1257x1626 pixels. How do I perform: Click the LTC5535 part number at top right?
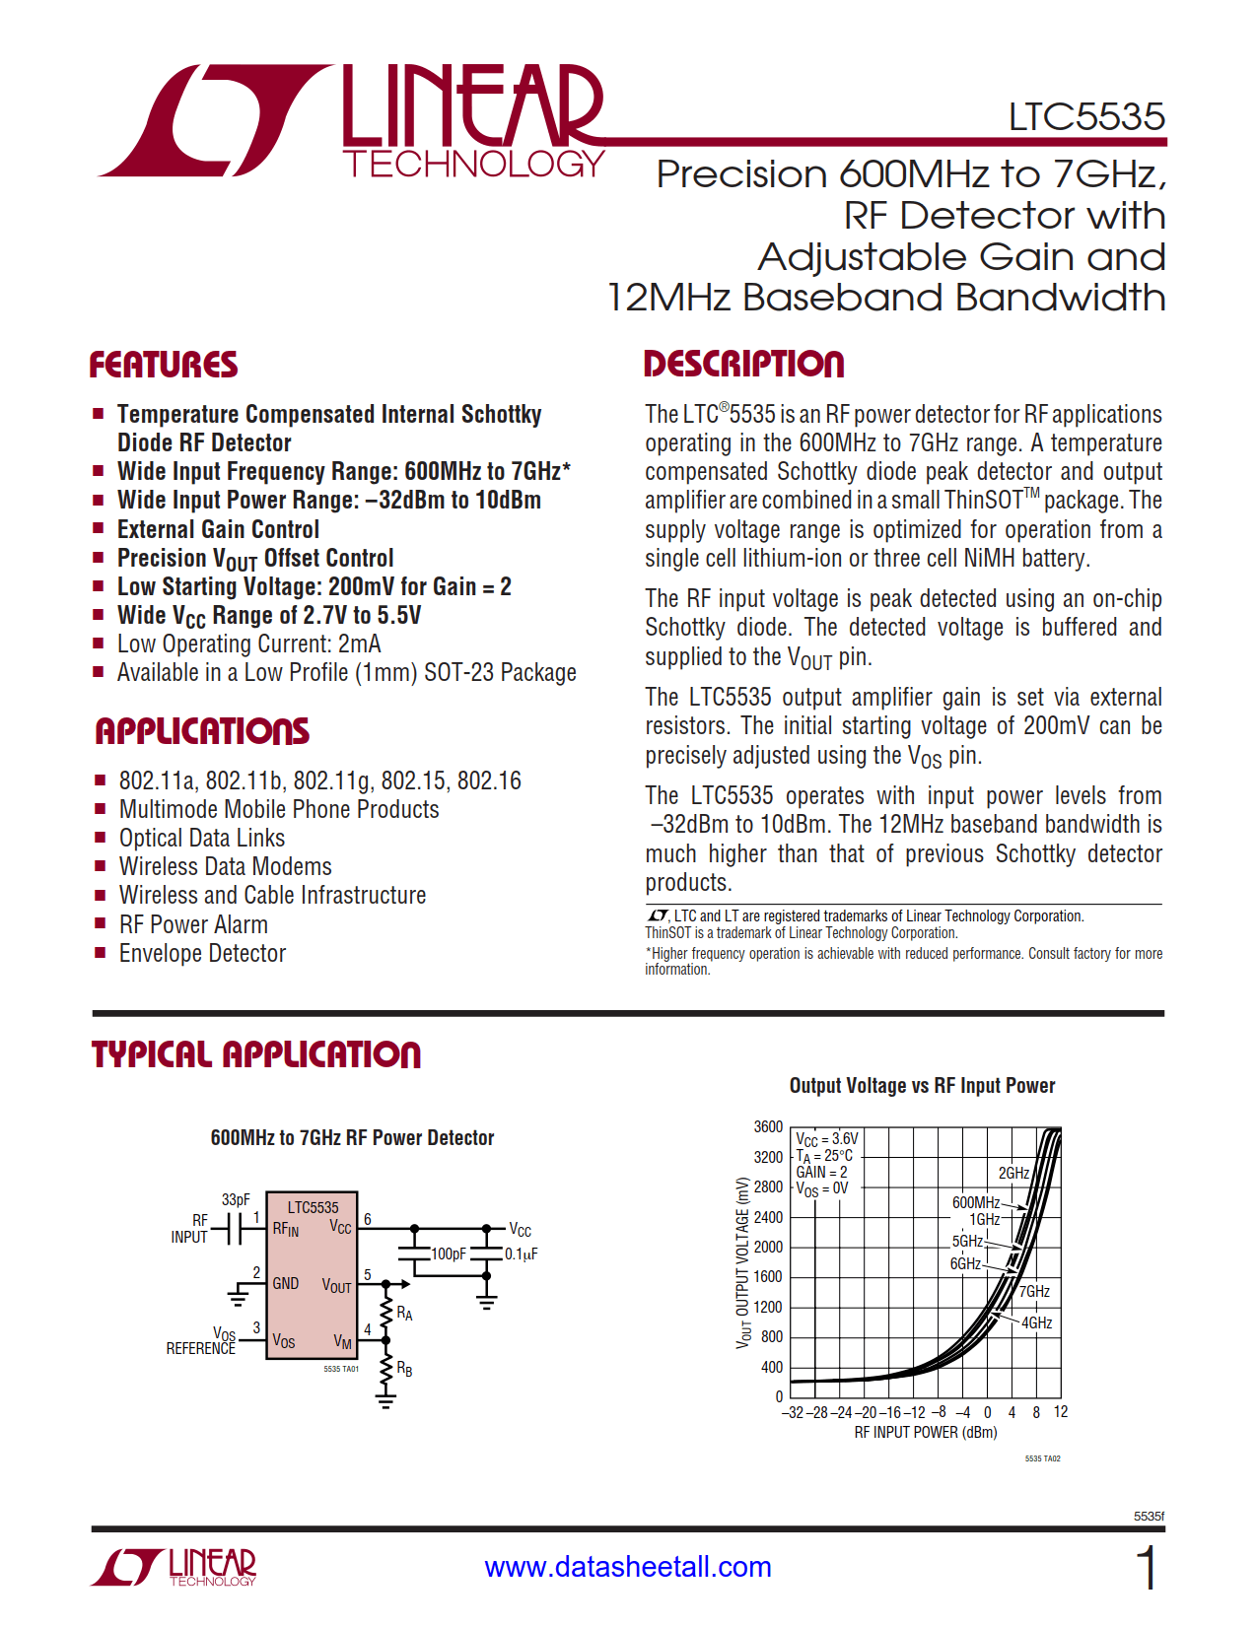pyautogui.click(x=1086, y=116)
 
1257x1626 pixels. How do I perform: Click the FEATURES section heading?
pyautogui.click(x=164, y=365)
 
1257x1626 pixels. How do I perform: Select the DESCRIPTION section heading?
pyautogui.click(x=743, y=364)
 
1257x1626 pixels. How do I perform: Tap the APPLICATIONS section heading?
pyautogui.click(x=202, y=731)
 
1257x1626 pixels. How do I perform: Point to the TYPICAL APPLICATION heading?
pyautogui.click(x=256, y=1054)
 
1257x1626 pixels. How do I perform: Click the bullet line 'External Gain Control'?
pyautogui.click(x=218, y=529)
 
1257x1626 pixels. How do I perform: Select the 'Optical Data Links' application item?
pyautogui.click(x=202, y=838)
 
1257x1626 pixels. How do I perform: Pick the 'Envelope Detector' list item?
pyautogui.click(x=202, y=953)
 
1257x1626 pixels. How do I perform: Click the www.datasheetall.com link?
pyautogui.click(x=628, y=1566)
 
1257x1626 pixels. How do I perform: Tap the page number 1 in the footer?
pyautogui.click(x=1147, y=1567)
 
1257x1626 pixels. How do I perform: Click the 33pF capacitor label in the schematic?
pyautogui.click(x=236, y=1199)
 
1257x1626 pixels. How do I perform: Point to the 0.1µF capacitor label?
pyautogui.click(x=522, y=1254)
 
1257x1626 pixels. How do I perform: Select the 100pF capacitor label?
pyautogui.click(x=449, y=1253)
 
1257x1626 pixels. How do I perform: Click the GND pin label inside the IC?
pyautogui.click(x=286, y=1283)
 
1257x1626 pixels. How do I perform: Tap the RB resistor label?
pyautogui.click(x=404, y=1369)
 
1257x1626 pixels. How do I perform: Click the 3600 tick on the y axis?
pyautogui.click(x=768, y=1126)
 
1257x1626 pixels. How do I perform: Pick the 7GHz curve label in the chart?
pyautogui.click(x=1034, y=1291)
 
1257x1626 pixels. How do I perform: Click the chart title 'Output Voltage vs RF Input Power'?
pyautogui.click(x=922, y=1085)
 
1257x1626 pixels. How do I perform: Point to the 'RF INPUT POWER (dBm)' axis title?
pyautogui.click(x=926, y=1432)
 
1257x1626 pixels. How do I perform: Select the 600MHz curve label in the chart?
pyautogui.click(x=976, y=1202)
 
